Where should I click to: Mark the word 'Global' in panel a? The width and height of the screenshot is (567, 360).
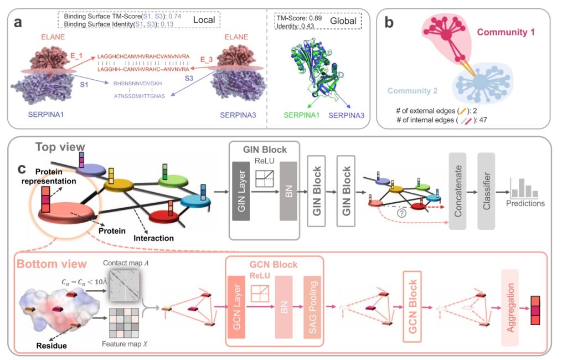[343, 19]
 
